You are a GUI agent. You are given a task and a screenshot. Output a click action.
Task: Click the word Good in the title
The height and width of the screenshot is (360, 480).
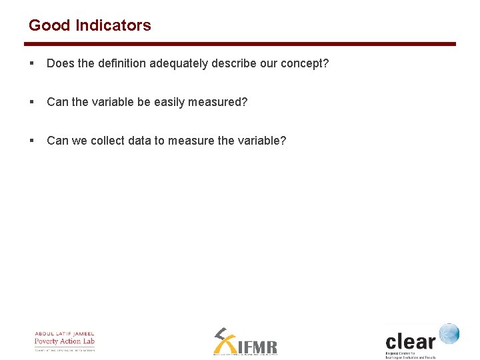50,25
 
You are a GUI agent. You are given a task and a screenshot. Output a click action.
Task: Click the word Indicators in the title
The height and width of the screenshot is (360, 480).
113,25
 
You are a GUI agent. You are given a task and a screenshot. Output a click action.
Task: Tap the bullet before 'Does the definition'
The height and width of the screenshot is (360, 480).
31,63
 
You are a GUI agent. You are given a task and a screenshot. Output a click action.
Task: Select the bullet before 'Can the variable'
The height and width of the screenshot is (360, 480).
31,102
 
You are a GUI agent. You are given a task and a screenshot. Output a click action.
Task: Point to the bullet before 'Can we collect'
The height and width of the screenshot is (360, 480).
31,141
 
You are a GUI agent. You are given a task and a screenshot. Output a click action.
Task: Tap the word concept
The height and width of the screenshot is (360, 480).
306,63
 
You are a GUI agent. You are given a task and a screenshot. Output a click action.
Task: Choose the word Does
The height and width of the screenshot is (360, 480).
59,63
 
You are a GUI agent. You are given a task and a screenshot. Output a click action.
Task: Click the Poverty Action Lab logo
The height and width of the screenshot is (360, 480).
65,341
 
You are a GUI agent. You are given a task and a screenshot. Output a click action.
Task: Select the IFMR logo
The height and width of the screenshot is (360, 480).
245,342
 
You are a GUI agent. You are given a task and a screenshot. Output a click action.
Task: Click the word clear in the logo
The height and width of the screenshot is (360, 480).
410,342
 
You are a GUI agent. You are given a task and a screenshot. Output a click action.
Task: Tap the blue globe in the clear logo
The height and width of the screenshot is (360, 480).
449,334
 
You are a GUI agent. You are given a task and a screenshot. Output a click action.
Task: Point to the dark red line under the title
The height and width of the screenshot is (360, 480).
240,44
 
